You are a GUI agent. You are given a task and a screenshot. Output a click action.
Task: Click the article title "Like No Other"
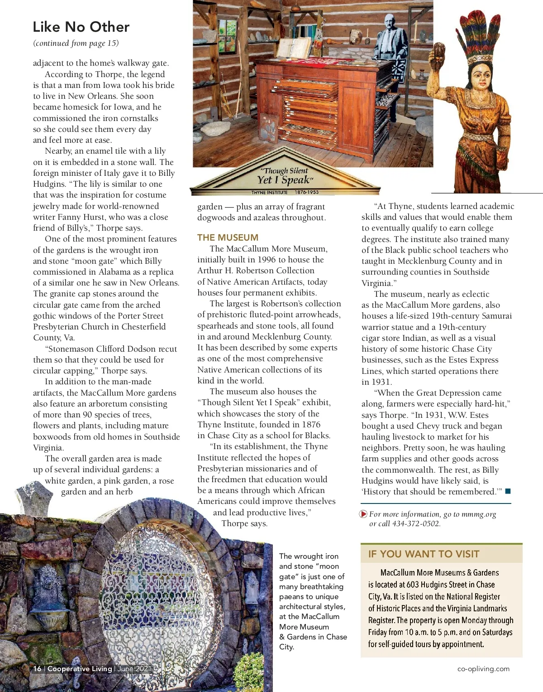[81, 27]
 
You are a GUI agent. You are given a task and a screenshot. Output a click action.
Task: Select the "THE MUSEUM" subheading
[228, 237]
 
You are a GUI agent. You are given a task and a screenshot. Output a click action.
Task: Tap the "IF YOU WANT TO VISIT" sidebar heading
[424, 554]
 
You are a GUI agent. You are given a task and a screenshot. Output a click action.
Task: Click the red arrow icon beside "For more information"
[363, 514]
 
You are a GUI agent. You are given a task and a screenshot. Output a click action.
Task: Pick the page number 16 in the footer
[37, 668]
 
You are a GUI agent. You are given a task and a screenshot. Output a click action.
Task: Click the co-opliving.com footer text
[483, 668]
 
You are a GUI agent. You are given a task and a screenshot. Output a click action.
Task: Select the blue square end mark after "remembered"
[508, 491]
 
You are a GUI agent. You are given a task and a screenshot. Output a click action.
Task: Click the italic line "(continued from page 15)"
[76, 43]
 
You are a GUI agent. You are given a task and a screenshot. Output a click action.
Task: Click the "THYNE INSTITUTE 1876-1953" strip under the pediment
[285, 192]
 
